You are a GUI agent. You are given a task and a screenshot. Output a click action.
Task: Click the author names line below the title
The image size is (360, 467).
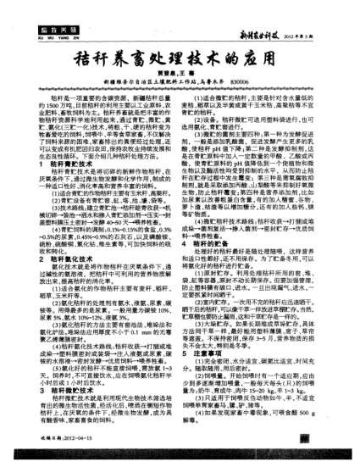pyautogui.click(x=180, y=85)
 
